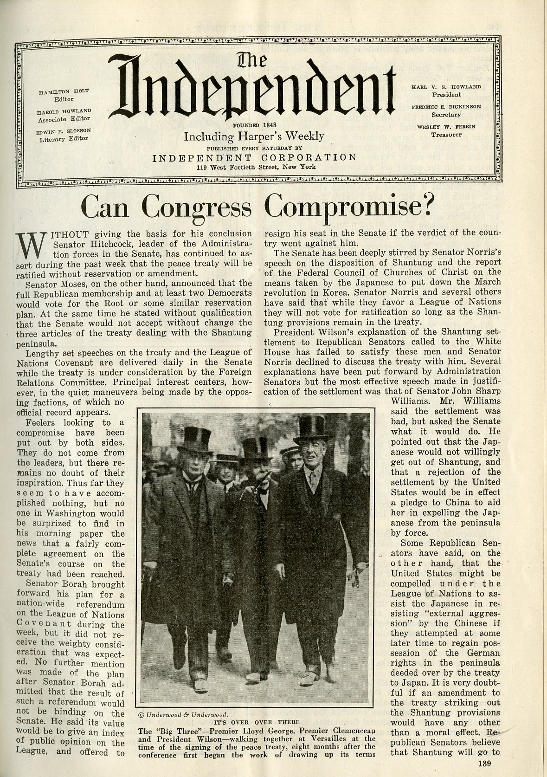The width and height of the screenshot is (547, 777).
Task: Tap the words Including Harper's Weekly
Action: pos(254,136)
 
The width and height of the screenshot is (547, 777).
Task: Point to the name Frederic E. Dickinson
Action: pos(445,107)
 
